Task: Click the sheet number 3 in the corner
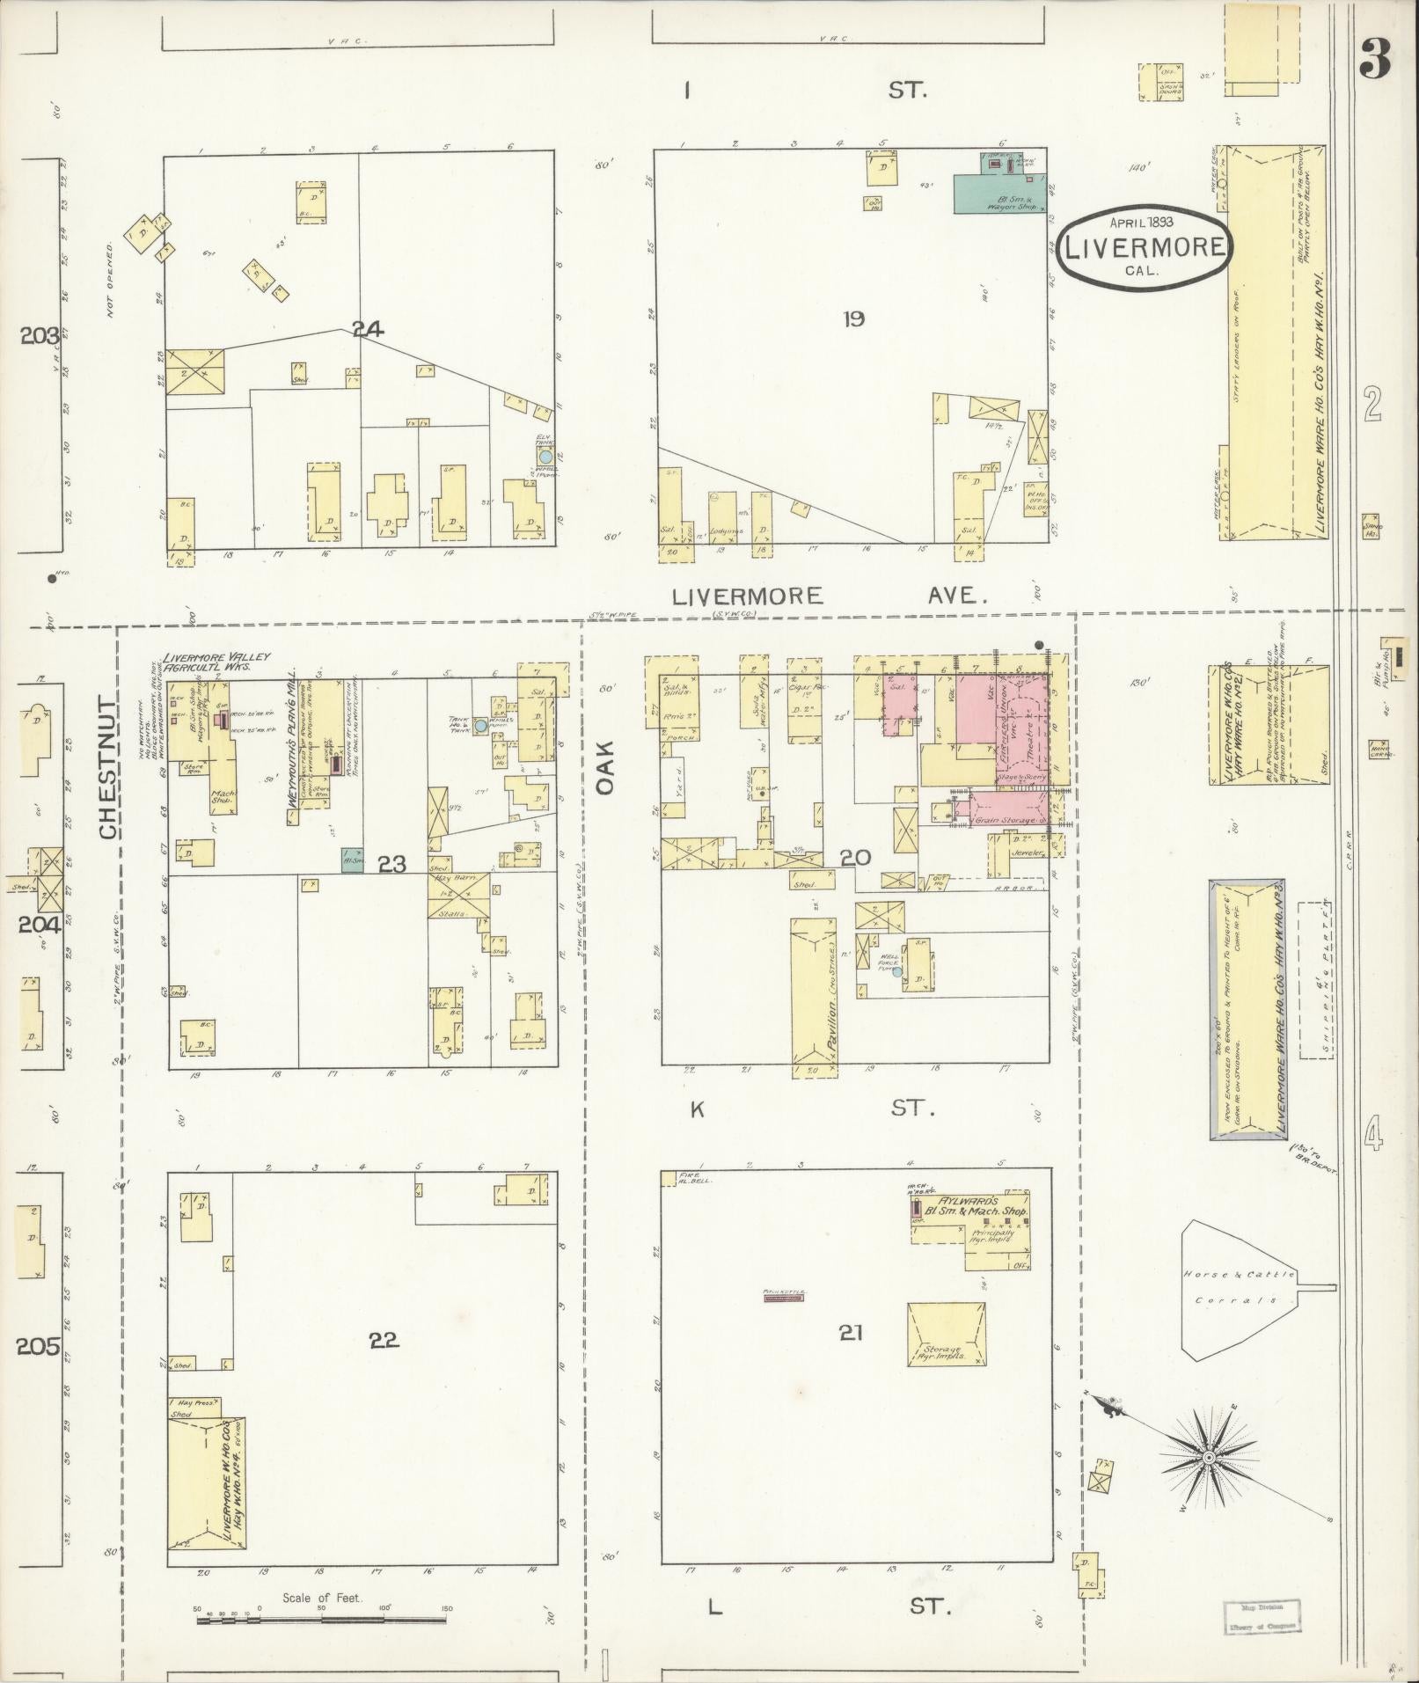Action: [x=1375, y=59]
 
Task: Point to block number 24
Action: [x=368, y=330]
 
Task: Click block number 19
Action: [x=852, y=318]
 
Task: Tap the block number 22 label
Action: [x=384, y=1365]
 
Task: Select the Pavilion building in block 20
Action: [x=814, y=991]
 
